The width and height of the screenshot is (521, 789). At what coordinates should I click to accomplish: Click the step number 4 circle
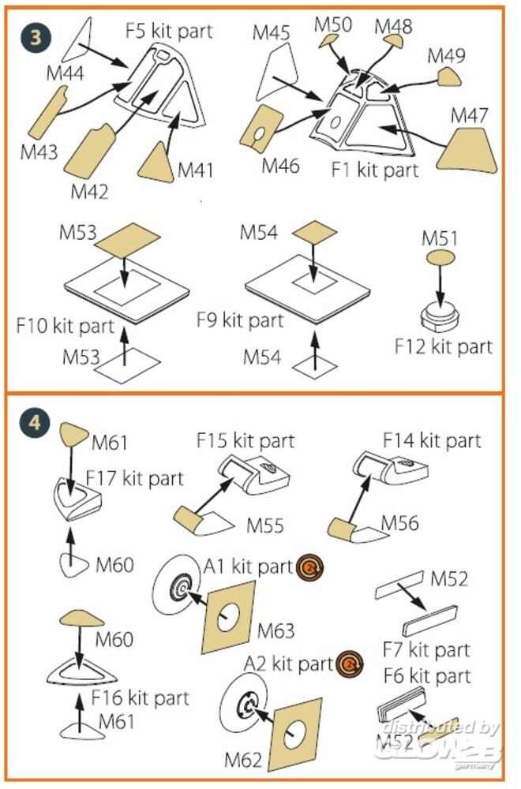(32, 422)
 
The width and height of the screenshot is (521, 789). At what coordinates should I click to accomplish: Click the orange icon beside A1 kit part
(311, 567)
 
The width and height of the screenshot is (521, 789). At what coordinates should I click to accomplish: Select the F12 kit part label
(444, 346)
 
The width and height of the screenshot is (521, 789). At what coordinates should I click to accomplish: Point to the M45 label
(272, 33)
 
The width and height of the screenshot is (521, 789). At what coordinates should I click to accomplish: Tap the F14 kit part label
(431, 439)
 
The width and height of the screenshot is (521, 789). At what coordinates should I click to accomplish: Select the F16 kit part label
(140, 697)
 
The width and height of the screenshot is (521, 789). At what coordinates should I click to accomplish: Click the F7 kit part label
(425, 651)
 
